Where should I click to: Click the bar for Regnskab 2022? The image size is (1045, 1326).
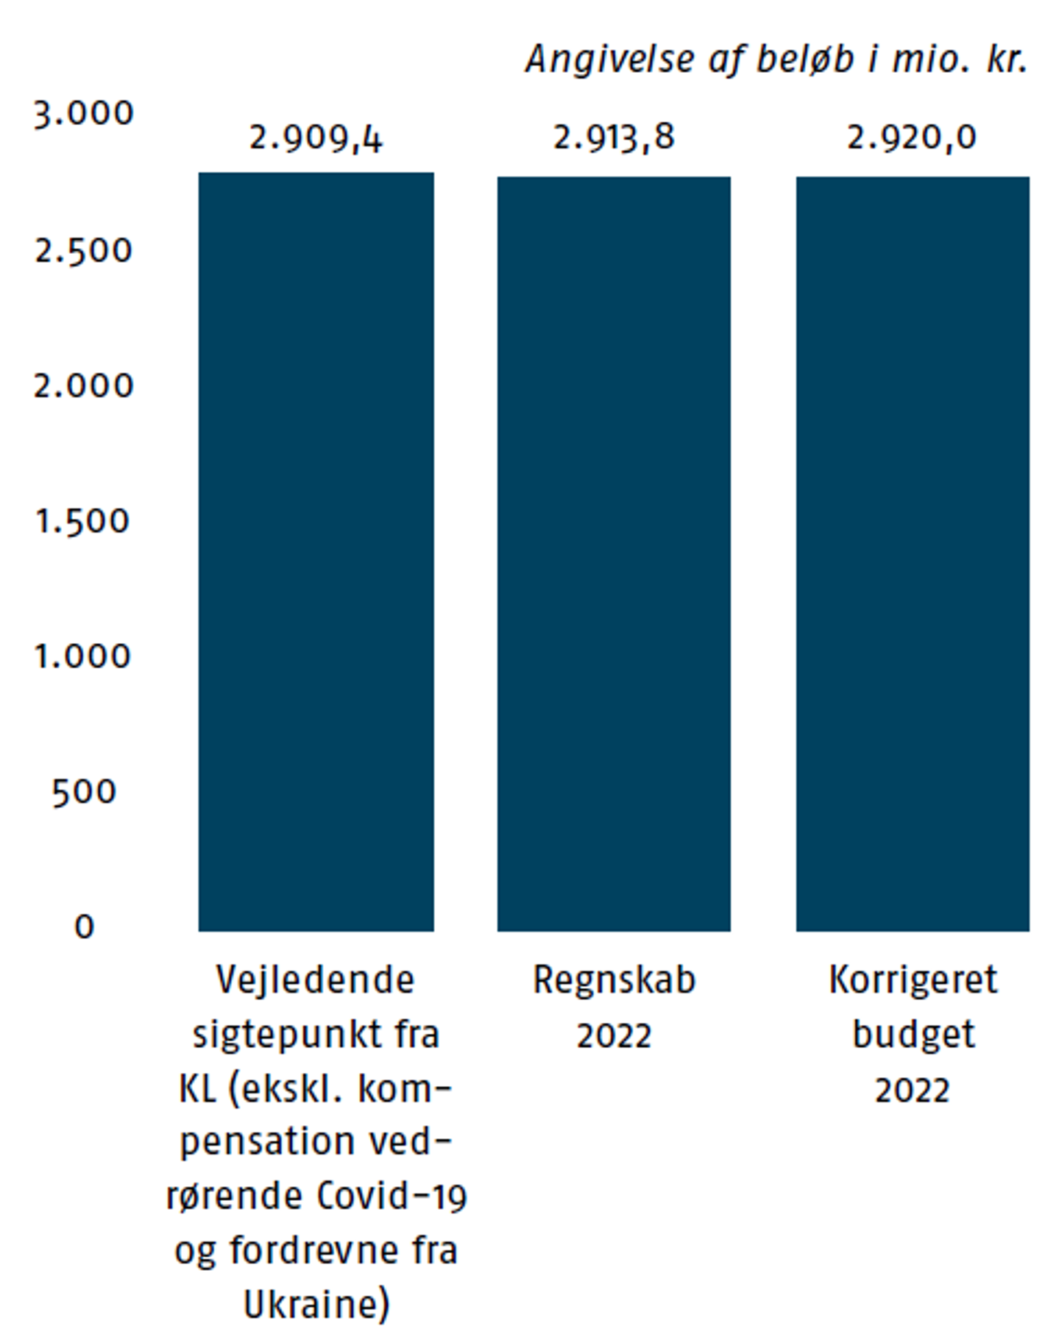614,553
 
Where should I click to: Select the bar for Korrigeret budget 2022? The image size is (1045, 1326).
913,553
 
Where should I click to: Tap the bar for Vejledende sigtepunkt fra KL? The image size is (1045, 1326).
316,552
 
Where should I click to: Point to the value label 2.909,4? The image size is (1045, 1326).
316,138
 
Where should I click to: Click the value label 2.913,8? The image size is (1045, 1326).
614,138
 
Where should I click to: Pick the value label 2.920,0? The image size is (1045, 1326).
912,138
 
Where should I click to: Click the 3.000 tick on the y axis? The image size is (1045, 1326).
84,114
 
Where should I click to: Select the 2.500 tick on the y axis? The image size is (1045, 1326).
84,251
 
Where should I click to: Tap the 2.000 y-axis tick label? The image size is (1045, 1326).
84,386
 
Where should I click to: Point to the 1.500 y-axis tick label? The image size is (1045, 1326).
84,522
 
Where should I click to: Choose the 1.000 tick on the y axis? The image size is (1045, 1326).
84,656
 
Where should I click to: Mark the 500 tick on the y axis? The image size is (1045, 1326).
84,792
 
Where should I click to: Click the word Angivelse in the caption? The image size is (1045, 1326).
610,60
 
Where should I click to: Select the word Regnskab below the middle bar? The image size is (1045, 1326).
614,981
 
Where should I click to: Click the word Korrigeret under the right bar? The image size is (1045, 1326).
913,981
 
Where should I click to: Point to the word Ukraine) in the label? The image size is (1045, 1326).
316,1305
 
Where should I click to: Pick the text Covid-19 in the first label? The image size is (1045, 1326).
392,1196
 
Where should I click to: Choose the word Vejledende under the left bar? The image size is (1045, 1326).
316,981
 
